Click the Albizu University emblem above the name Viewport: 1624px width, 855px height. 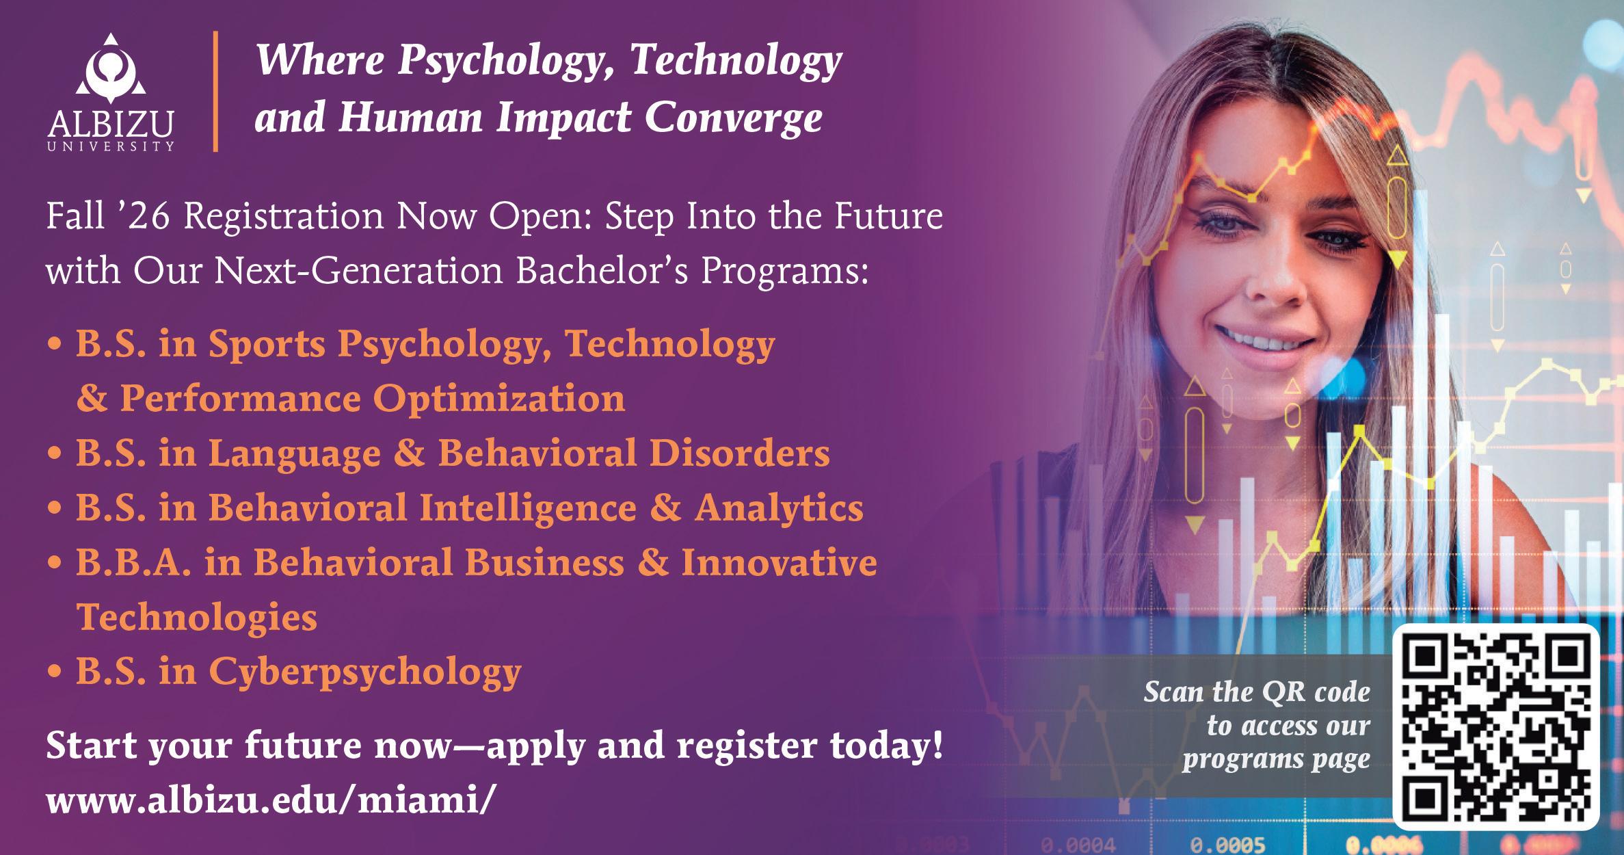tap(111, 75)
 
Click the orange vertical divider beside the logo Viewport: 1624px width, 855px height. tap(216, 91)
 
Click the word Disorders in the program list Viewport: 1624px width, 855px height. tap(739, 452)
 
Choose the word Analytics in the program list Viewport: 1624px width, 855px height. tap(779, 508)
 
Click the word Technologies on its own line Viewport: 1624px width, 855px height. tap(197, 617)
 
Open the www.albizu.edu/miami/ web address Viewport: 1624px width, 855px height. tap(268, 801)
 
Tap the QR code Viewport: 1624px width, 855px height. tap(1496, 728)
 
